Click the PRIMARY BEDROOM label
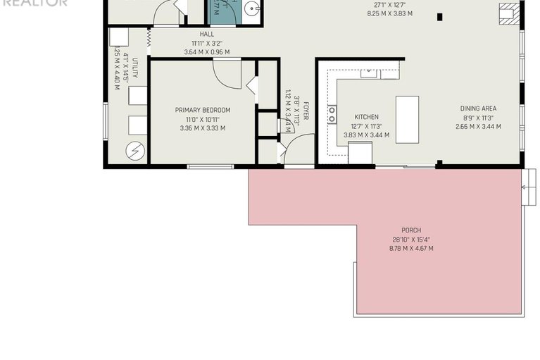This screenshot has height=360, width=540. click(x=203, y=110)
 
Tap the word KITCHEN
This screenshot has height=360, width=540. click(x=366, y=117)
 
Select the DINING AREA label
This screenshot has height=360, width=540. click(x=479, y=108)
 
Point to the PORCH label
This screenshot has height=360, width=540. click(x=411, y=230)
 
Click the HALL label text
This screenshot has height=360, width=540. click(x=206, y=34)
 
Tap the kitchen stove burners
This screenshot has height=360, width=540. click(x=332, y=113)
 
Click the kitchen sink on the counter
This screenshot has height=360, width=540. click(x=370, y=72)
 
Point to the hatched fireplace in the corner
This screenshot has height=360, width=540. click(x=508, y=14)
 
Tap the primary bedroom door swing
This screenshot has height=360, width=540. click(x=227, y=73)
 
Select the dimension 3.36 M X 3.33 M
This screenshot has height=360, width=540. click(x=203, y=128)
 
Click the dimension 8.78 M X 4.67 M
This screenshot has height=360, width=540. click(x=411, y=248)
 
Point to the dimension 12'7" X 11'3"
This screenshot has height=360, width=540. click(x=366, y=126)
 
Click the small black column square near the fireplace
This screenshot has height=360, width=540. click(x=440, y=17)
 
